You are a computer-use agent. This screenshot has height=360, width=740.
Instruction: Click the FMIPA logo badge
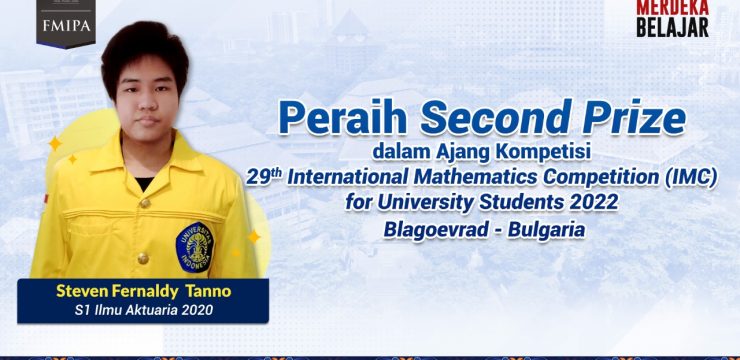tap(66, 23)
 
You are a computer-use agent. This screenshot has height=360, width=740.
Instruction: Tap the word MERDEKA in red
tap(673, 7)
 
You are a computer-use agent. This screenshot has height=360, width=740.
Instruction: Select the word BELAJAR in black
tap(673, 27)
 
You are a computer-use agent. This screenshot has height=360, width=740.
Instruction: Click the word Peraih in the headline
tap(343, 119)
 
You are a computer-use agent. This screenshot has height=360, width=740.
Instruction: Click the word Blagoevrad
tap(436, 230)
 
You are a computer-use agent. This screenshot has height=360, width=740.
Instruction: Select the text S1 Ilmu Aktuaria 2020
tap(143, 310)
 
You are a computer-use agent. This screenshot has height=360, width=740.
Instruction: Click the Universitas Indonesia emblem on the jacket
tap(194, 247)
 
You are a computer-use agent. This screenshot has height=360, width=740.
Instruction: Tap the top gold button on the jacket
tap(145, 203)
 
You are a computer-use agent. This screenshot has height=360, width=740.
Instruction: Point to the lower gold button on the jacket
tap(143, 258)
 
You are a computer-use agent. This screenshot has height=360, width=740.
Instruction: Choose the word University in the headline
tap(427, 203)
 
